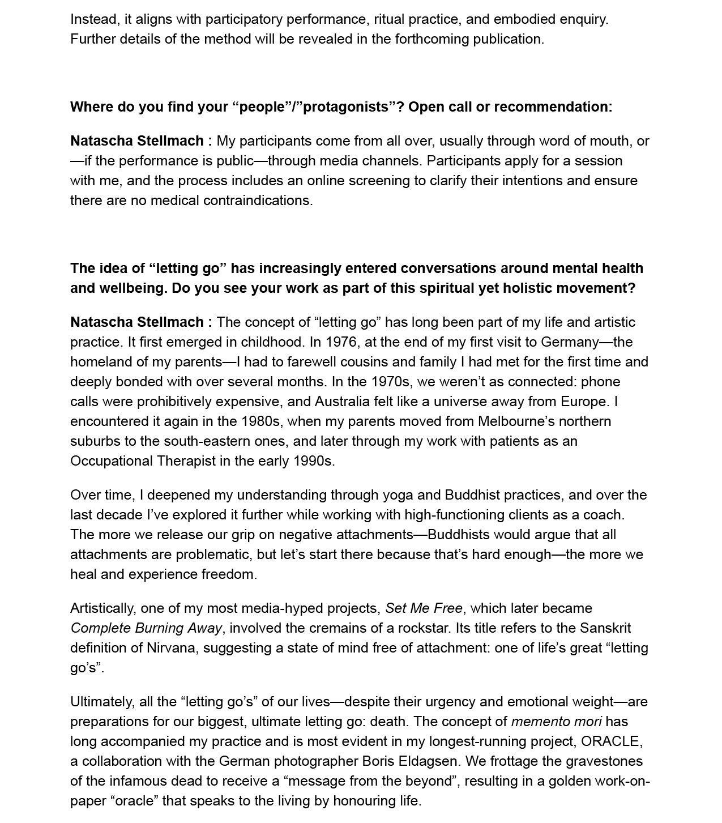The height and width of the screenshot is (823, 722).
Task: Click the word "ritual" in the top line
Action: [390, 19]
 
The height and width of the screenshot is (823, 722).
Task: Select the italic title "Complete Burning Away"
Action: [147, 628]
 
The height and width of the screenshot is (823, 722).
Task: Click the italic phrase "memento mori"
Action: [556, 722]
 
